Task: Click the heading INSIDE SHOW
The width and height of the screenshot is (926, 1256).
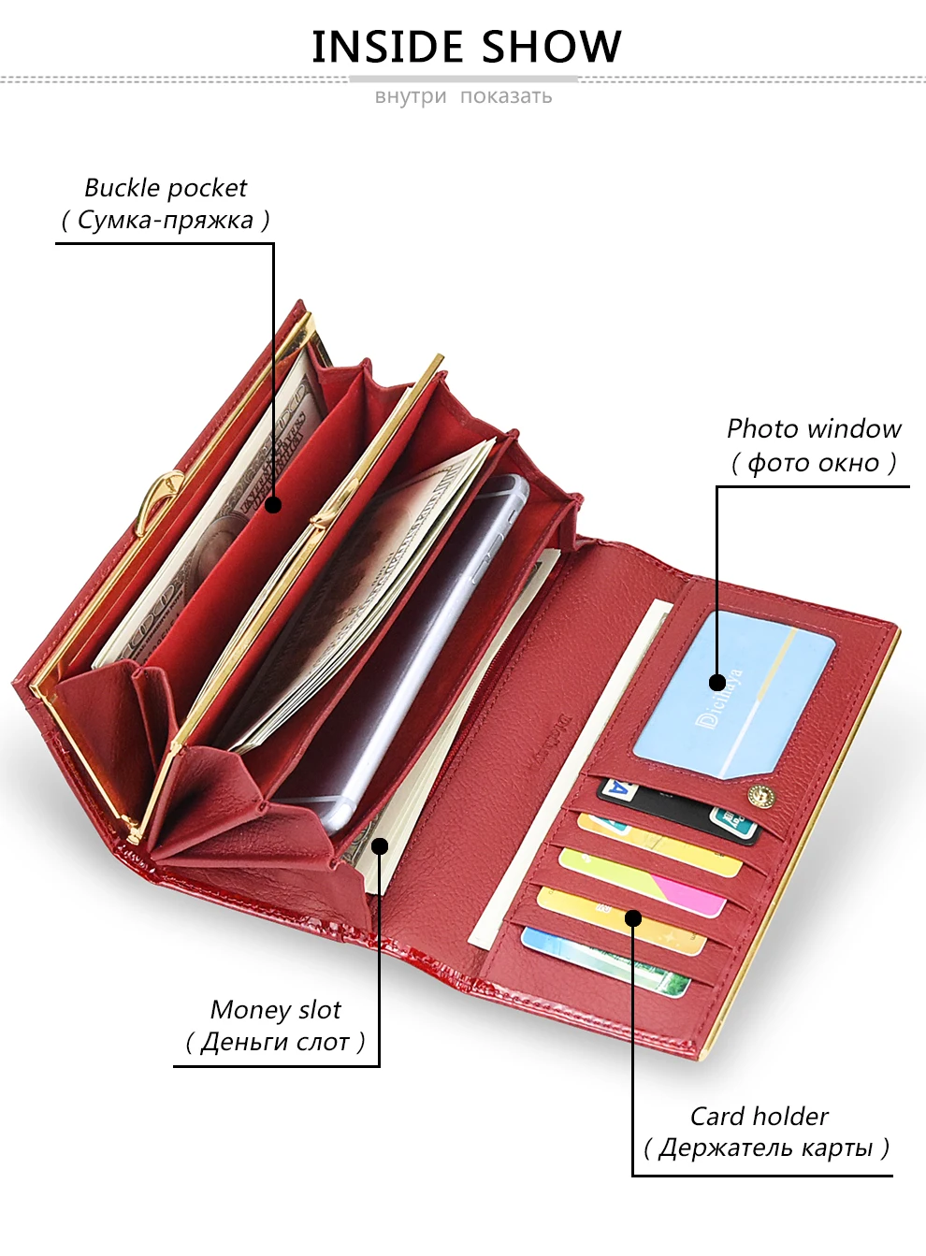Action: (466, 47)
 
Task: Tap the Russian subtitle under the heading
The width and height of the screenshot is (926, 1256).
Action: (463, 96)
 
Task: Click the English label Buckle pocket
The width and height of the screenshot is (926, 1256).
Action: (166, 188)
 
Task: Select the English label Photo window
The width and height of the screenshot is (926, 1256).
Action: (814, 429)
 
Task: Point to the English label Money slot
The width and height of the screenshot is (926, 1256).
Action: (276, 1010)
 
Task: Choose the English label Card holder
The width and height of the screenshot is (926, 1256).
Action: (759, 1117)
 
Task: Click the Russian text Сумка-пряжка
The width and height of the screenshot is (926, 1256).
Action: (166, 221)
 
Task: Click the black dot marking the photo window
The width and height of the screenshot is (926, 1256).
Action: (717, 682)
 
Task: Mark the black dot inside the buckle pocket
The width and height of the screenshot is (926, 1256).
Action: (273, 505)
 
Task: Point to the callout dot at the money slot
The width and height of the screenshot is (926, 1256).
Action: (380, 846)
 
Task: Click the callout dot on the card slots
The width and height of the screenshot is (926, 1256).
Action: (633, 917)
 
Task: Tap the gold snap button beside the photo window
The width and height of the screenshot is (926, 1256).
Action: (761, 797)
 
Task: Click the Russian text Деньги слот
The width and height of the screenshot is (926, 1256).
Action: (275, 1042)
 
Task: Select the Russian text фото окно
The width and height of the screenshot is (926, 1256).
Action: (814, 463)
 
